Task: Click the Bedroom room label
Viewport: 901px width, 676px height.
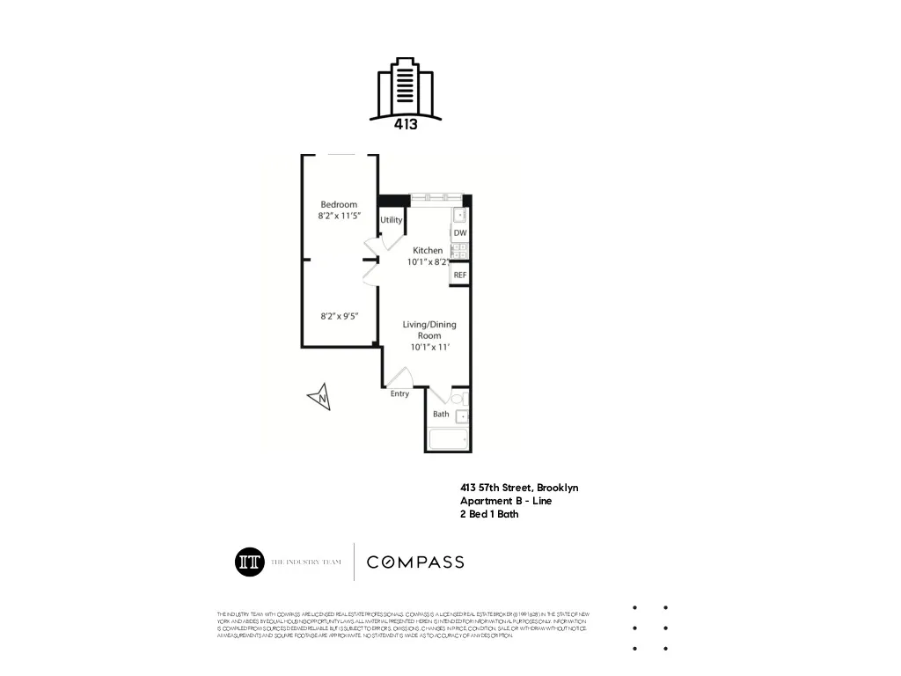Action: tap(338, 204)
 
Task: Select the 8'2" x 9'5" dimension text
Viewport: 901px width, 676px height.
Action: tap(338, 315)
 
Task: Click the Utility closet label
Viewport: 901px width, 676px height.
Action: tap(392, 220)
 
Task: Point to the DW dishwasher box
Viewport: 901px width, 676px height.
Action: tap(460, 233)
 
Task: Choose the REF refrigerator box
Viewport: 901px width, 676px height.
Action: tap(459, 276)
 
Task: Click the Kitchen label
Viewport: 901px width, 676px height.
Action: tap(429, 251)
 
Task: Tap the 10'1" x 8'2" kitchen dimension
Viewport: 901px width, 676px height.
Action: tap(429, 262)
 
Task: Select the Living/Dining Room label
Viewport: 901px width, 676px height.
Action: tap(429, 330)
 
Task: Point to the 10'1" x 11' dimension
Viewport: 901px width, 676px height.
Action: tap(429, 347)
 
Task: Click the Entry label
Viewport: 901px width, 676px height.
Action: tap(399, 393)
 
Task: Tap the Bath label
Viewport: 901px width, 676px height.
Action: tap(441, 414)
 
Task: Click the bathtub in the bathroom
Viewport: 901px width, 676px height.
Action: tap(449, 439)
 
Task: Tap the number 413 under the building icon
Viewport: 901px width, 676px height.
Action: tap(405, 125)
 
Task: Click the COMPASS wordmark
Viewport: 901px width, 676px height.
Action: tap(415, 562)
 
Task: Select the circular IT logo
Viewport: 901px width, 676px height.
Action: tap(250, 562)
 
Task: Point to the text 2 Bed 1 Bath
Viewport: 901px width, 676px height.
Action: tap(489, 515)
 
